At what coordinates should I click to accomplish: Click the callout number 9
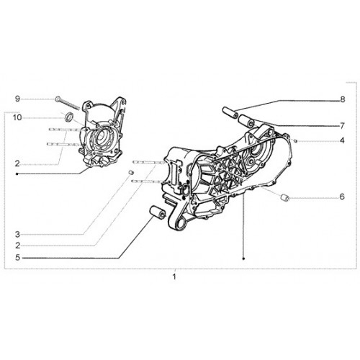[x=17, y=99]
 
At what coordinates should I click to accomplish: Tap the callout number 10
[x=17, y=117]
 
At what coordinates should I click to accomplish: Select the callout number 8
[x=343, y=99]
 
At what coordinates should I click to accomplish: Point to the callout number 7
[x=343, y=125]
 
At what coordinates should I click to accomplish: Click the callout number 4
[x=342, y=140]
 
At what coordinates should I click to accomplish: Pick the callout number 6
[x=342, y=197]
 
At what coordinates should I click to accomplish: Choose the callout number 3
[x=17, y=234]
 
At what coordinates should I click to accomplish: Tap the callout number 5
[x=17, y=258]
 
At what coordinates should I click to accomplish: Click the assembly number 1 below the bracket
[x=174, y=276]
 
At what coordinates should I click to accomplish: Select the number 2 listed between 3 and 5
[x=17, y=246]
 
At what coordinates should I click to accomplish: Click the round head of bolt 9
[x=58, y=99]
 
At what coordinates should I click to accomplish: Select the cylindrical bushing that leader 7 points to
[x=246, y=121]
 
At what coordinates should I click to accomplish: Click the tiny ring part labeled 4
[x=296, y=140]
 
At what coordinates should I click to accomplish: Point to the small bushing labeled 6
[x=285, y=198]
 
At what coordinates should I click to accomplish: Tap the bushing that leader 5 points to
[x=158, y=212]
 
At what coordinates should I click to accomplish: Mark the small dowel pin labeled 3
[x=131, y=172]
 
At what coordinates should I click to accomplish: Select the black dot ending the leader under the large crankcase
[x=244, y=258]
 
